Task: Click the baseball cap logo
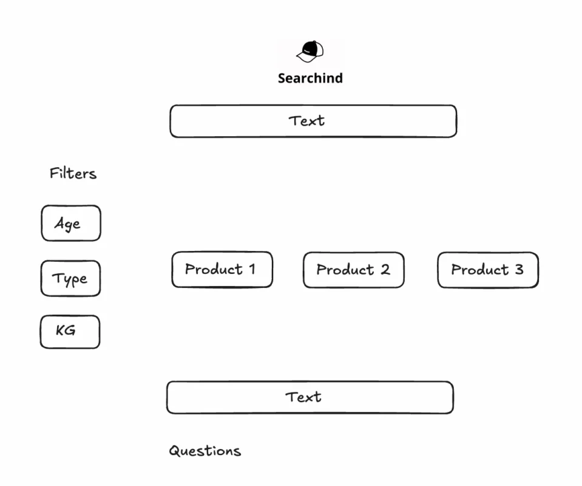pos(310,51)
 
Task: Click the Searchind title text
pos(310,78)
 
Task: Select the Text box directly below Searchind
pos(313,121)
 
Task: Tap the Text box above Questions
pos(310,397)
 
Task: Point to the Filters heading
pos(73,174)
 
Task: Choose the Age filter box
pos(71,223)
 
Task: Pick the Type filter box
pos(70,278)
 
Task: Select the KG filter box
pos(70,332)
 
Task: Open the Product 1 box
pos(222,269)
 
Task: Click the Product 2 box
pos(354,270)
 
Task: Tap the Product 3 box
pos(488,270)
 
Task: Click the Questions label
pos(205,451)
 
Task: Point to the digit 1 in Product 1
pos(252,269)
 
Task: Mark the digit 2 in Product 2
pos(385,269)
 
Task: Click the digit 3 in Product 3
pos(519,269)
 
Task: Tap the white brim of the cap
pos(306,57)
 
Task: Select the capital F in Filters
pos(54,173)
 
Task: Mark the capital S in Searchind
pos(282,78)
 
